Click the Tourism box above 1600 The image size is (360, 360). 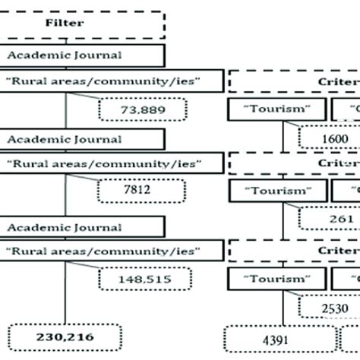(x=277, y=109)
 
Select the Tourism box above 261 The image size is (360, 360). (x=277, y=191)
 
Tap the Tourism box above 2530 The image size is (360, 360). (x=277, y=278)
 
